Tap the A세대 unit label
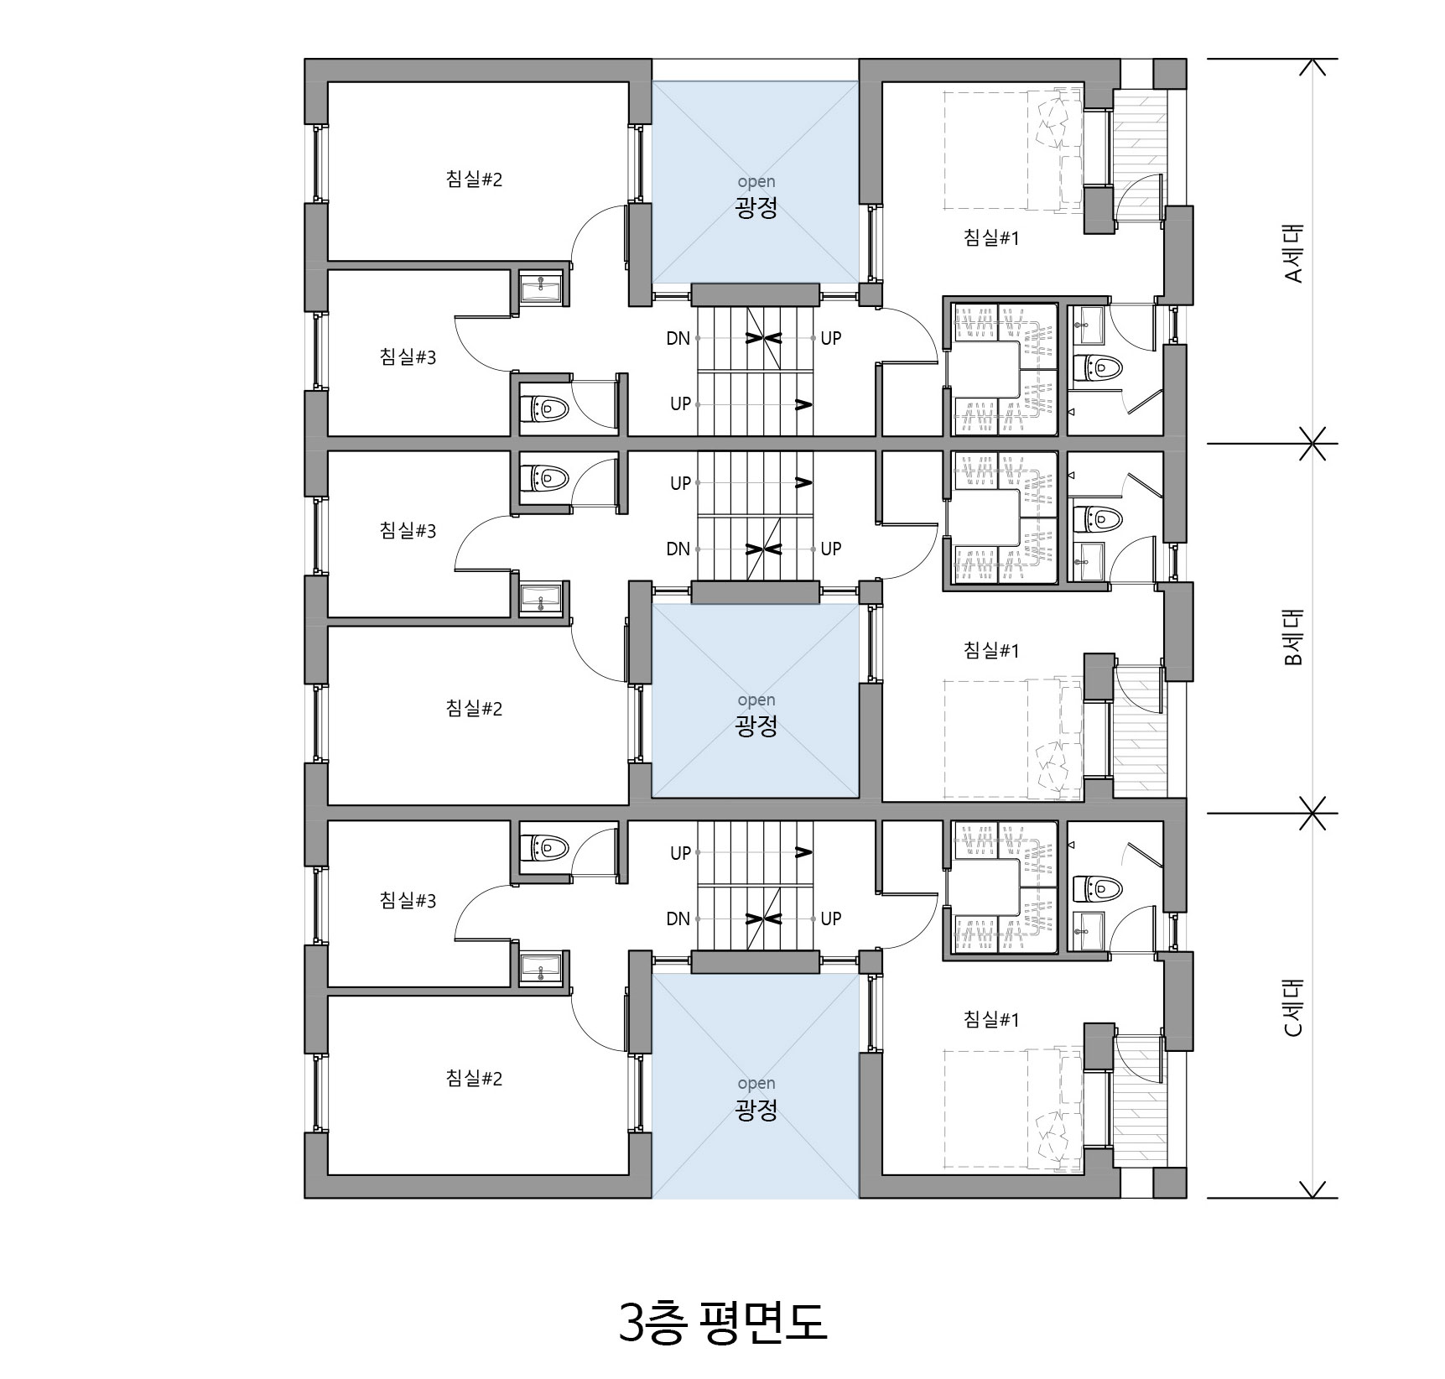[x=1293, y=252]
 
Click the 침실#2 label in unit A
[x=474, y=179]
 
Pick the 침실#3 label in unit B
[x=408, y=530]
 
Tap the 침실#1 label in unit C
[x=991, y=1019]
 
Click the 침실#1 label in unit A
[x=991, y=237]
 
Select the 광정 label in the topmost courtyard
[x=756, y=207]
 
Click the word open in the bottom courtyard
[x=756, y=1084]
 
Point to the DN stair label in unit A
[x=678, y=338]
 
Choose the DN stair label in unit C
[x=678, y=918]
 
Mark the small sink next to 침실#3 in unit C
[x=541, y=969]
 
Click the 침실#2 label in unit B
[x=474, y=708]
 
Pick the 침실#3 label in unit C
[x=408, y=900]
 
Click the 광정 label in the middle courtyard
[x=756, y=725]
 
